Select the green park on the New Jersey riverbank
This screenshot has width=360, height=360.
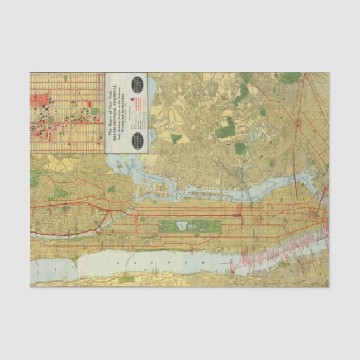click(127, 277)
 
